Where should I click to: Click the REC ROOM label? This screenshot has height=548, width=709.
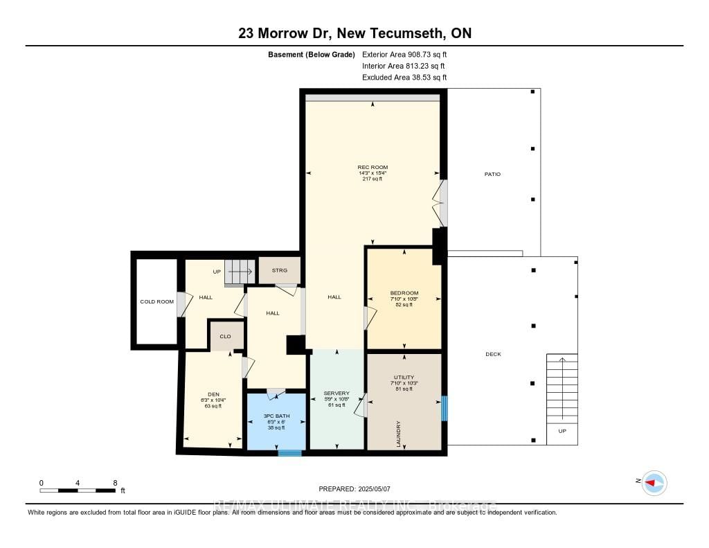[372, 168]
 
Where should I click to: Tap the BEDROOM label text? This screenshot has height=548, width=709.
[404, 293]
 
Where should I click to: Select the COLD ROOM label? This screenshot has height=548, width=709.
[156, 301]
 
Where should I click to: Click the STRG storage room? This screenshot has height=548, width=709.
[280, 270]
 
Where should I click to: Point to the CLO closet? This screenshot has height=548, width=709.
[225, 336]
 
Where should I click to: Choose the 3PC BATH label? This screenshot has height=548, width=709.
[276, 416]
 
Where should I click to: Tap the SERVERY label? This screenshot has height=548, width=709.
[336, 394]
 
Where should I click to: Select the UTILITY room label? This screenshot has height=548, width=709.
[404, 378]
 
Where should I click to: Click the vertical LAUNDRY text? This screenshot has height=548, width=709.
[399, 434]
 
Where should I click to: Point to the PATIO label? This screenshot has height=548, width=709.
[492, 174]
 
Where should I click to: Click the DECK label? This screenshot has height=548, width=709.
[492, 354]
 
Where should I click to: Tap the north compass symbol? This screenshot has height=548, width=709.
[654, 482]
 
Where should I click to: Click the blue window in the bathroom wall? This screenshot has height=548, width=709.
[290, 453]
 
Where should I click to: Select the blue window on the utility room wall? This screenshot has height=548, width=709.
[445, 408]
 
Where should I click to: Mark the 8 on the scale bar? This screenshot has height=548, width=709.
[115, 482]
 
